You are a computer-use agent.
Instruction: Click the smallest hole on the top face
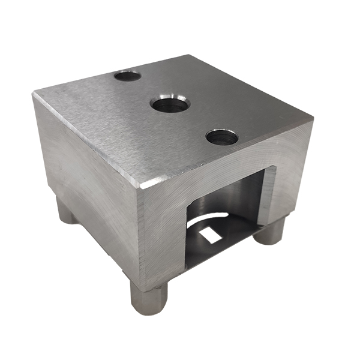tap(127, 76)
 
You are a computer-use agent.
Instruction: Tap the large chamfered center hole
tap(170, 104)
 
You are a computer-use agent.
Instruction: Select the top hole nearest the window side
tap(221, 137)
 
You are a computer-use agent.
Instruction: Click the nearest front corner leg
tap(148, 298)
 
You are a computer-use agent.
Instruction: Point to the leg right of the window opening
tap(269, 230)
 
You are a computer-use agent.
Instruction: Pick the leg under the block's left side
tap(67, 211)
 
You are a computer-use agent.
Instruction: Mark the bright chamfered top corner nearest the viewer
tap(139, 184)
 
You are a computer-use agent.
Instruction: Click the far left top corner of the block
tap(34, 94)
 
